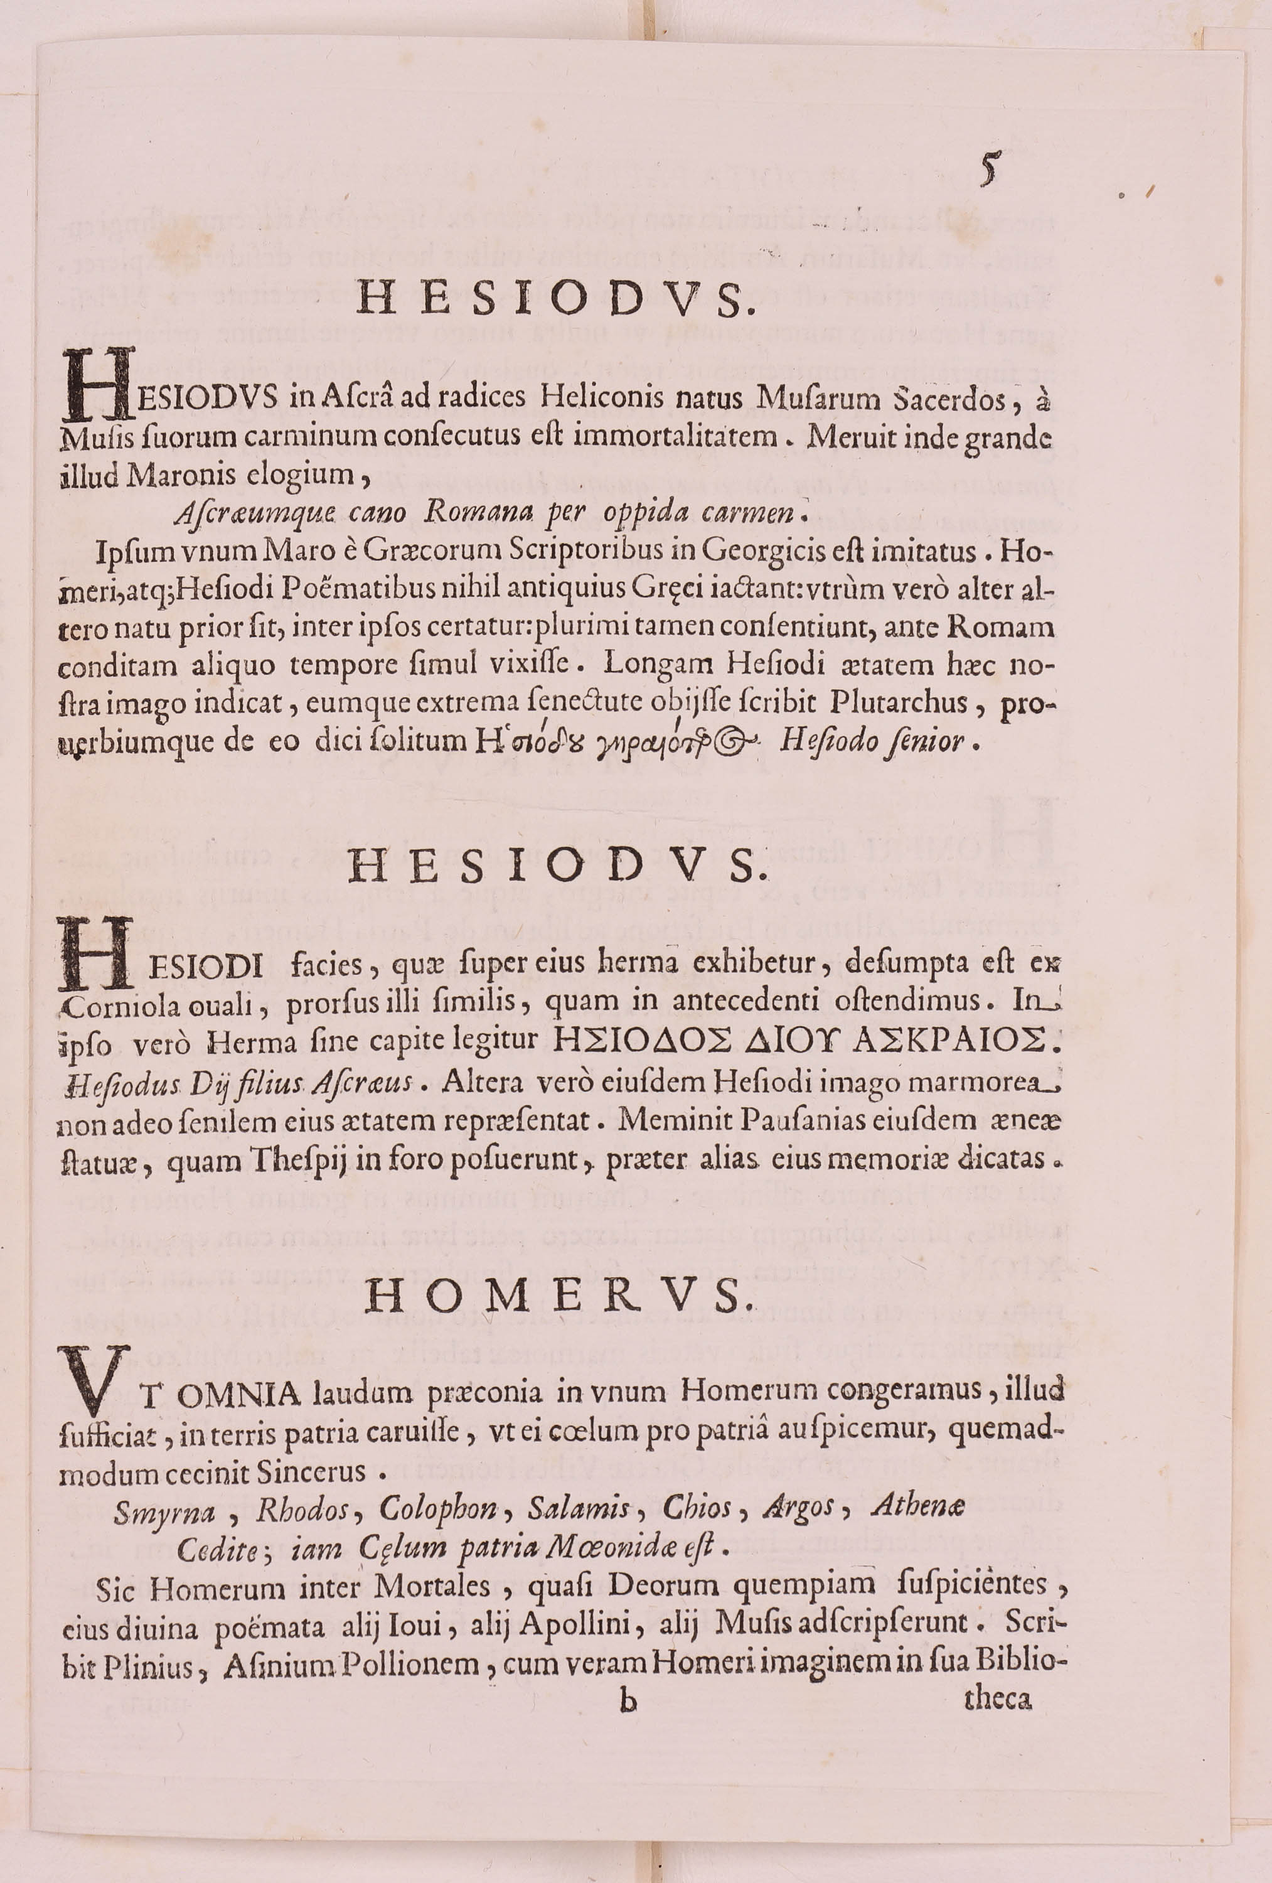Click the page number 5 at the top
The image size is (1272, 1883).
(987, 169)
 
